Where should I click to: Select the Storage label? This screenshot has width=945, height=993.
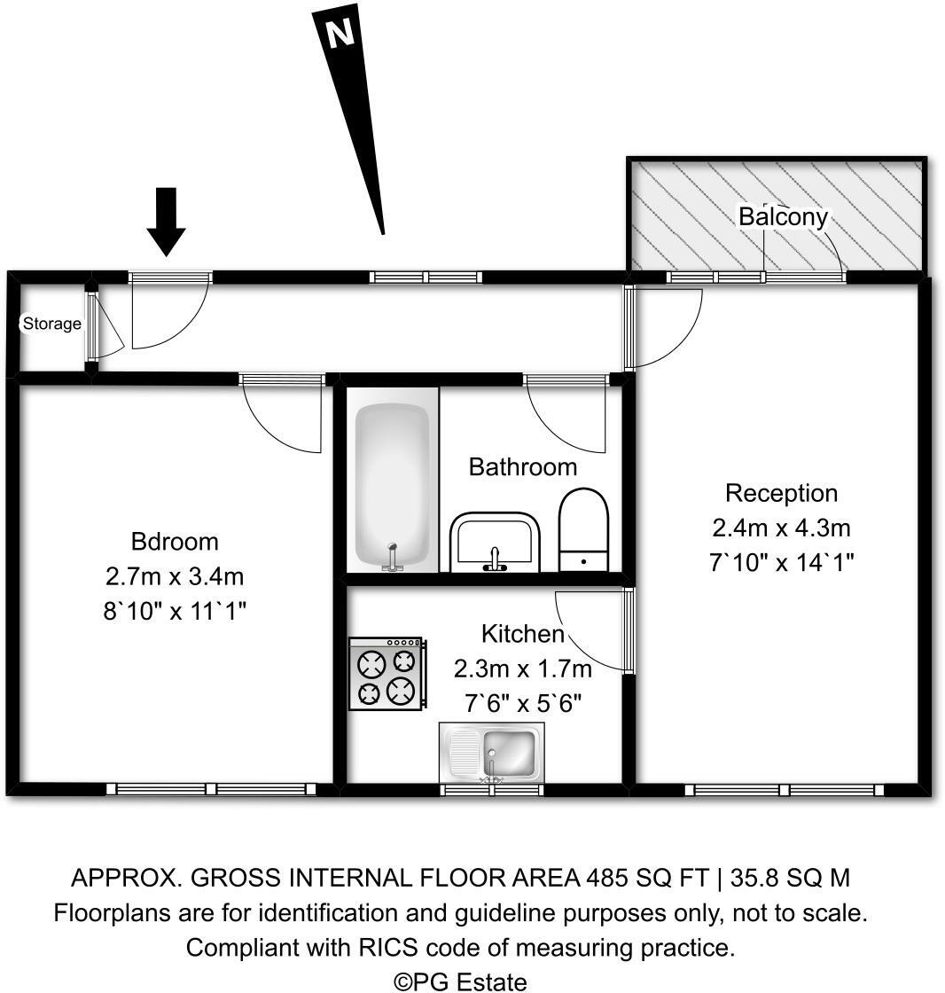coord(51,324)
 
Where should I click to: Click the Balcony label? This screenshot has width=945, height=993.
coord(783,215)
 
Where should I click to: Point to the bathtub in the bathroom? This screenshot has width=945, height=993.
coord(393,480)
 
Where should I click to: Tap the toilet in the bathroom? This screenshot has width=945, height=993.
coord(584,528)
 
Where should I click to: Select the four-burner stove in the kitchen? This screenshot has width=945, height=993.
coord(387,673)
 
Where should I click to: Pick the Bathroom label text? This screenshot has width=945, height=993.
coord(522,466)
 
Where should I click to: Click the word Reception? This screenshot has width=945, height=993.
coord(780,493)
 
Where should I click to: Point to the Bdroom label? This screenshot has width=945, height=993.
coord(174,541)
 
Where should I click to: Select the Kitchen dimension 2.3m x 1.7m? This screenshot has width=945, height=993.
coord(522,669)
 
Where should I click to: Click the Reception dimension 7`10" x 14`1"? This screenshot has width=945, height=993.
coord(780,562)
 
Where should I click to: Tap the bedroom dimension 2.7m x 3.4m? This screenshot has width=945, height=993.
coord(174,576)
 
